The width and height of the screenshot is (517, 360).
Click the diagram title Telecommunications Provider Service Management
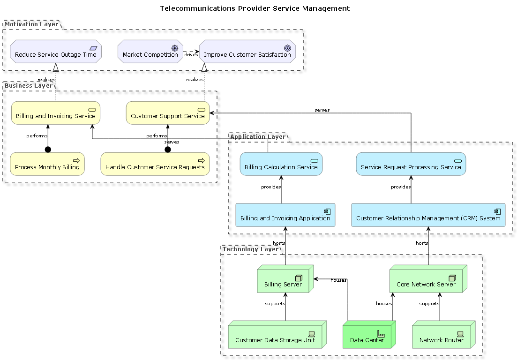[255, 8]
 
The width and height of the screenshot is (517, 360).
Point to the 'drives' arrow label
[191, 55]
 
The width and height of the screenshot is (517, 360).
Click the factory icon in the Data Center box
[381, 333]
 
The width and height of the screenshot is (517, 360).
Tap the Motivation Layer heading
[31, 24]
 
